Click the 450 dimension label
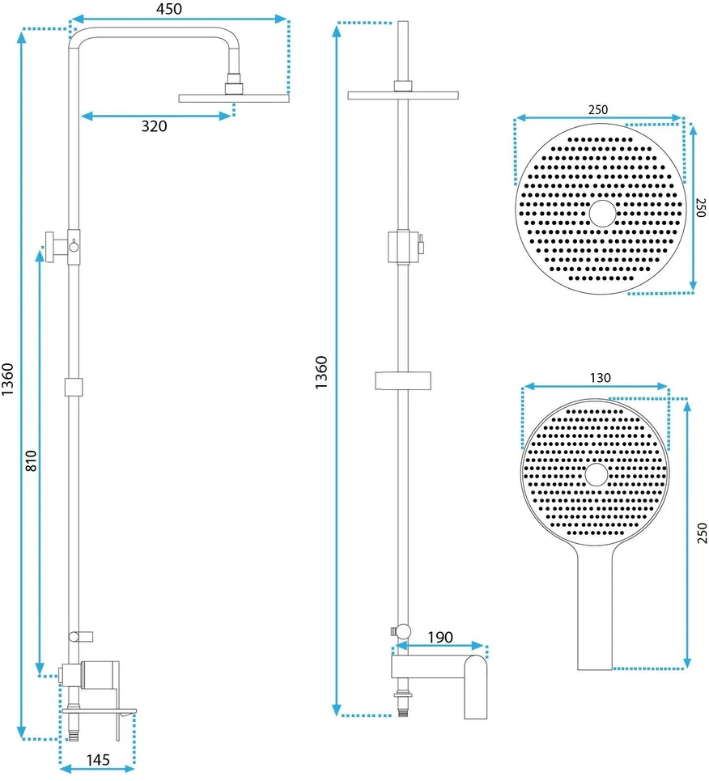pyautogui.click(x=169, y=9)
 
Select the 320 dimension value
pyautogui.click(x=154, y=126)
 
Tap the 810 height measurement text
pyautogui.click(x=31, y=461)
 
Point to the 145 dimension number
pyautogui.click(x=98, y=760)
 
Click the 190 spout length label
pyautogui.click(x=440, y=637)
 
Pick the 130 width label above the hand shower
pyautogui.click(x=600, y=378)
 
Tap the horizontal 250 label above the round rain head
pyautogui.click(x=598, y=109)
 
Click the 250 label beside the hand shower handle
pyautogui.click(x=702, y=533)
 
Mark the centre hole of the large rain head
pyautogui.click(x=602, y=214)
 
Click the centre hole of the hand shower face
pyautogui.click(x=596, y=474)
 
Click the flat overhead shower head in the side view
pyautogui.click(x=234, y=98)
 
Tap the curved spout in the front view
pyautogui.click(x=476, y=686)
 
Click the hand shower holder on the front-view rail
pyautogui.click(x=403, y=380)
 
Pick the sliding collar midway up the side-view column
pyautogui.click(x=73, y=387)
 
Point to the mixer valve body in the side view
pyautogui.click(x=100, y=675)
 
